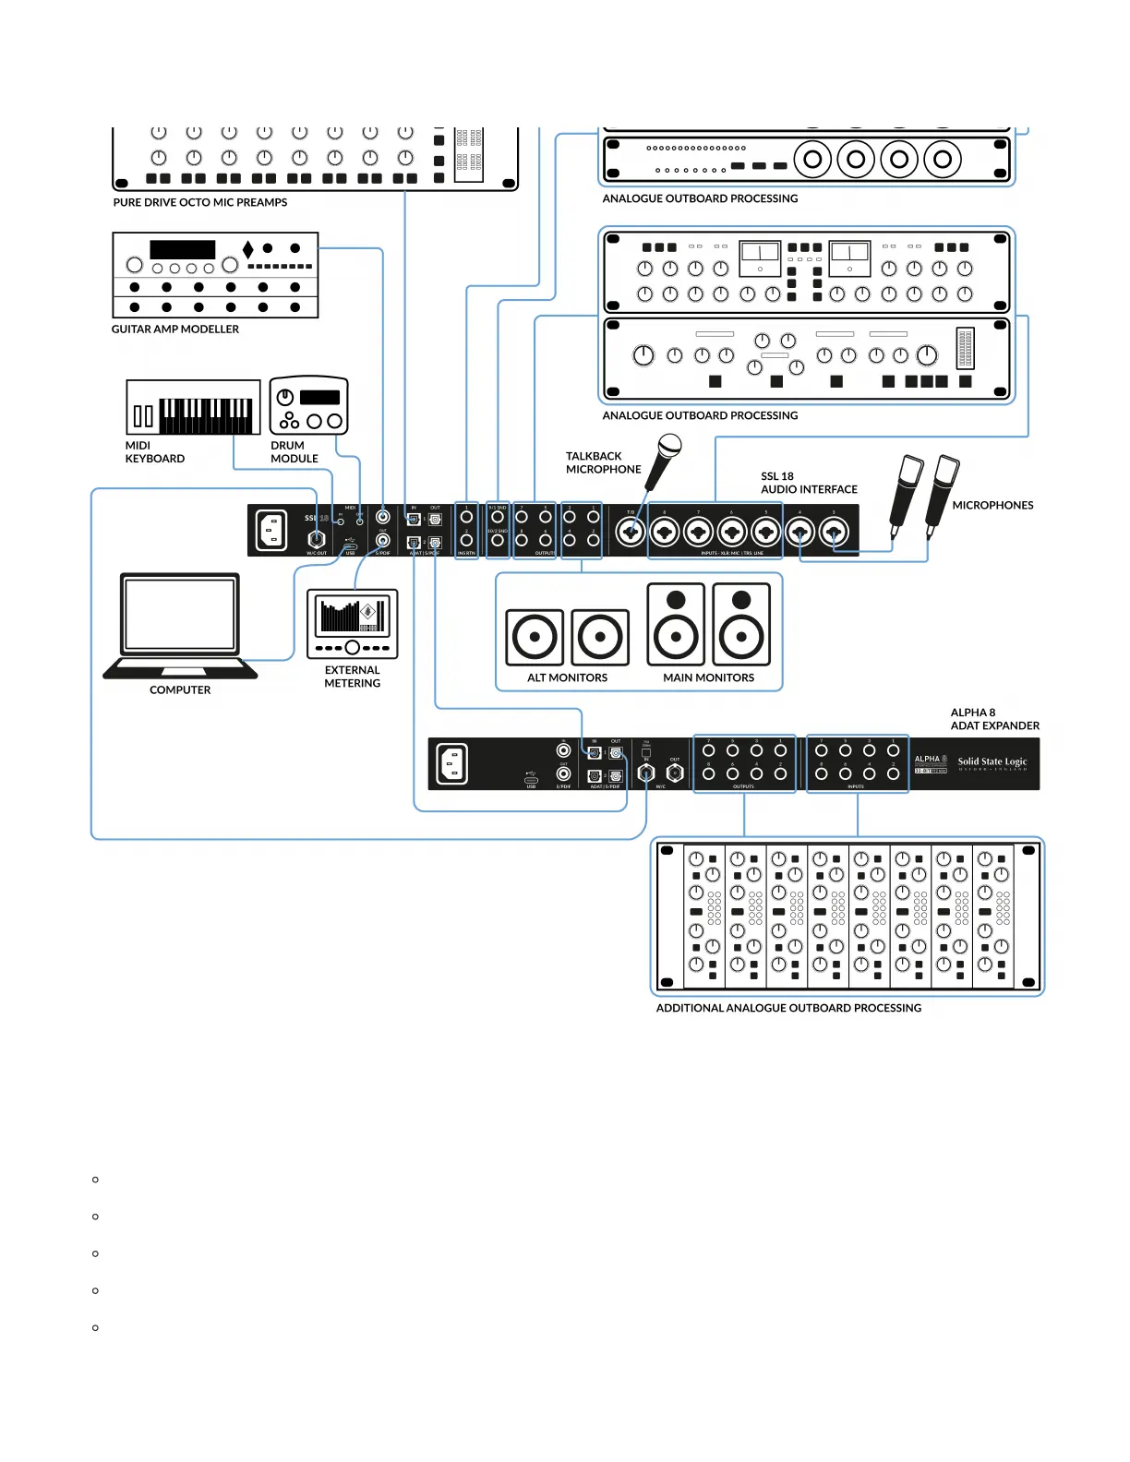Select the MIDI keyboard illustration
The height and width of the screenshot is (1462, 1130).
click(193, 406)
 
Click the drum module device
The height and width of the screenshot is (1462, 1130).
click(308, 405)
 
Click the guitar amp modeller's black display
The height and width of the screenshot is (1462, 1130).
click(182, 249)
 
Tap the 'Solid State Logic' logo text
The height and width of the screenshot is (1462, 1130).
click(992, 762)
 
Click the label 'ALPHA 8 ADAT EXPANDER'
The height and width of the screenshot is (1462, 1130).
click(994, 719)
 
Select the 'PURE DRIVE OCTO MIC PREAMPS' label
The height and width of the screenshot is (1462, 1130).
click(199, 202)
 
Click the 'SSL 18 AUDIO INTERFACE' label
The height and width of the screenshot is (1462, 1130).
click(809, 483)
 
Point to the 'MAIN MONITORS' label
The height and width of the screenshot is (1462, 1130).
click(708, 677)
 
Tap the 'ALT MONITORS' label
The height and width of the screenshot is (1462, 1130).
click(567, 677)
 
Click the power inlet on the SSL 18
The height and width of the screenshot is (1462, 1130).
click(271, 531)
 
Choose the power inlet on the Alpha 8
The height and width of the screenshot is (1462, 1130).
click(451, 764)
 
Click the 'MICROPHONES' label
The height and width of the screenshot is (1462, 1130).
click(992, 505)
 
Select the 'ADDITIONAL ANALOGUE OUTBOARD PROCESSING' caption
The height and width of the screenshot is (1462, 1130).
click(788, 1008)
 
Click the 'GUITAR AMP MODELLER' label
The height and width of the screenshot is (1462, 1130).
click(175, 329)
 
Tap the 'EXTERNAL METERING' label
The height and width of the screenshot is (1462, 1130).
click(352, 677)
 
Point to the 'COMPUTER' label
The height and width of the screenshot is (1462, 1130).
click(180, 689)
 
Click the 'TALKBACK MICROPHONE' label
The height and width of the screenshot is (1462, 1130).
click(603, 462)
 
